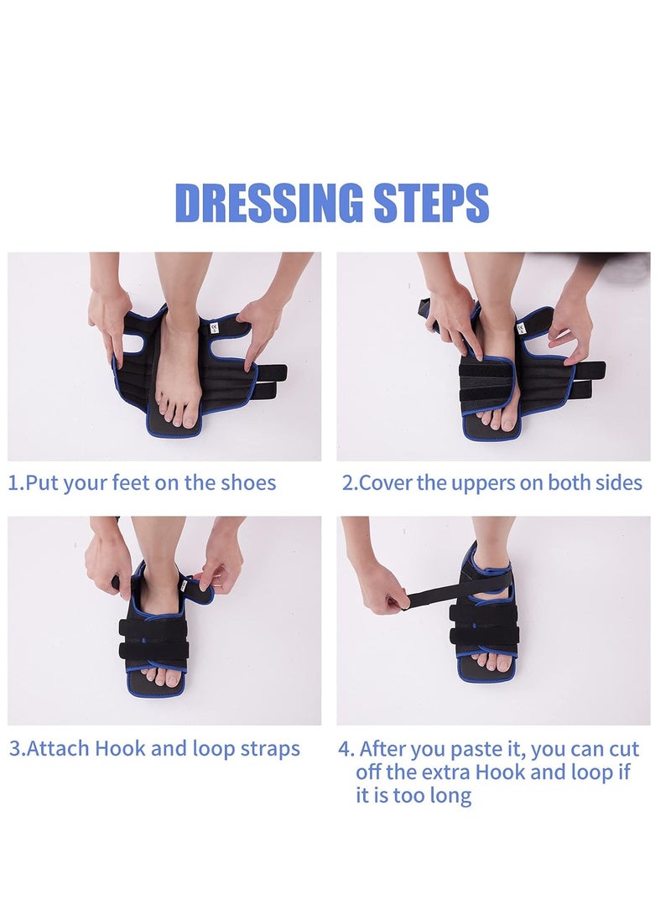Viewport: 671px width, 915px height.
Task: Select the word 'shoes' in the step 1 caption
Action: click(x=248, y=483)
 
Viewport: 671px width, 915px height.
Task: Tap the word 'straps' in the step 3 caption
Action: click(x=270, y=750)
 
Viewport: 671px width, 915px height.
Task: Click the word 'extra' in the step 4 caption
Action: click(x=448, y=772)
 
